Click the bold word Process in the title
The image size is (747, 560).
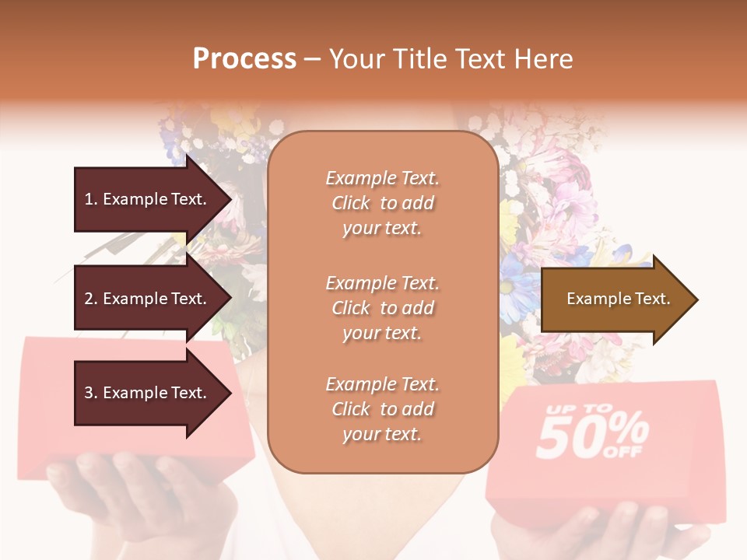(244, 59)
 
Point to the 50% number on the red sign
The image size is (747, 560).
(591, 436)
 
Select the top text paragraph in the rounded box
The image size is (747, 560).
(382, 203)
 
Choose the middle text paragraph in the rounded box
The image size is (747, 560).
(382, 308)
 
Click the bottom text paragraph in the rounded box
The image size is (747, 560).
(382, 409)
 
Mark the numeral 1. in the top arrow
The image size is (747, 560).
(90, 199)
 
